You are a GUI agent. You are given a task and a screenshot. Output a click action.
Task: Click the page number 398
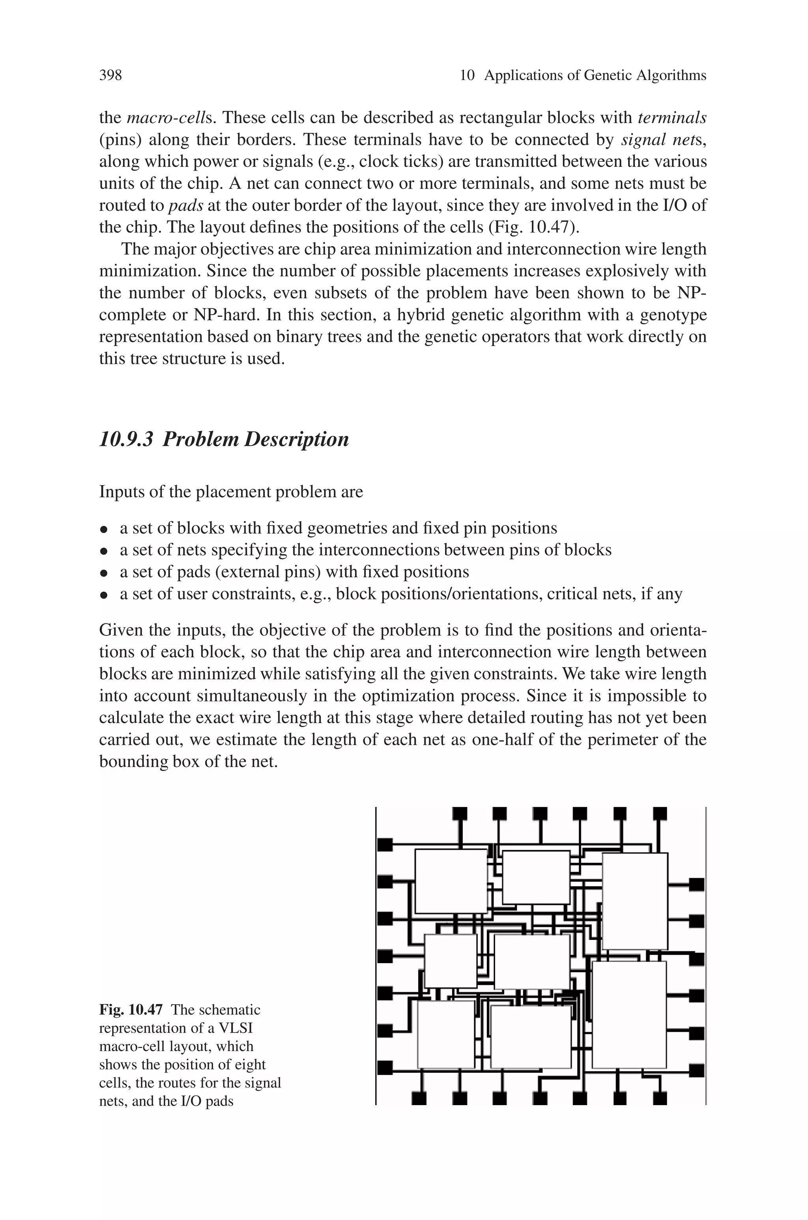tap(110, 76)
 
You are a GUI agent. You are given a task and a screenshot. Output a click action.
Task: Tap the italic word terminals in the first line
tap(672, 118)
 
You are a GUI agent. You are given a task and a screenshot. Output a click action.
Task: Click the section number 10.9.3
tap(126, 440)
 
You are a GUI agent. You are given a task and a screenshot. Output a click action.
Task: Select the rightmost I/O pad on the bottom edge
tap(660, 1098)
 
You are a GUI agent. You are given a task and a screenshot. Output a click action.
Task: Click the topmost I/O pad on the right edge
tap(697, 885)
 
